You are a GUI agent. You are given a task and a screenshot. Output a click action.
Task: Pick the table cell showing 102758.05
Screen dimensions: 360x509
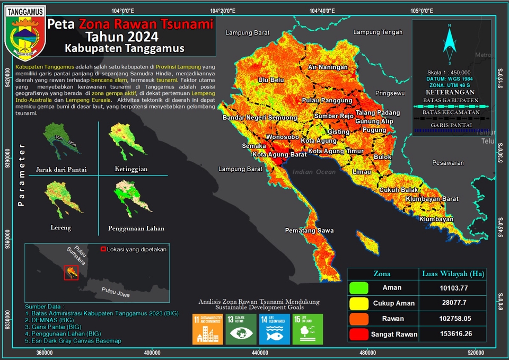coord(452,319)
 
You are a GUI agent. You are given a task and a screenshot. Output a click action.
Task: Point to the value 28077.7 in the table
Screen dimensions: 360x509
coord(452,303)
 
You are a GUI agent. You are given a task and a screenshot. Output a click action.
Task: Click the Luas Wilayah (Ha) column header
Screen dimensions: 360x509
coord(452,274)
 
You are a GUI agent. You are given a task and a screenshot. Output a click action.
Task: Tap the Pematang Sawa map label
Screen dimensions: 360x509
coord(309,231)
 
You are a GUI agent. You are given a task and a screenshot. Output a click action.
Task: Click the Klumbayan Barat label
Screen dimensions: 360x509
coord(432,199)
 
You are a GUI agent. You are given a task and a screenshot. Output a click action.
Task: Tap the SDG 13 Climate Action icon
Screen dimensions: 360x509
coord(241,329)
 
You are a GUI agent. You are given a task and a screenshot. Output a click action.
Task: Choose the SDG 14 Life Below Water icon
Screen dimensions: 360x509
coord(274,329)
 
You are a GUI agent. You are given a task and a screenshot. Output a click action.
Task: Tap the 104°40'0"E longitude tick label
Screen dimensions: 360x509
coord(321,11)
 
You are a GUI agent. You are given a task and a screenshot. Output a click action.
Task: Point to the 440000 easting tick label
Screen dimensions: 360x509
coord(260,352)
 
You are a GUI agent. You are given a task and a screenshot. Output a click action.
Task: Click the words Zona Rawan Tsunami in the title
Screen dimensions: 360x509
coord(146,24)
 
